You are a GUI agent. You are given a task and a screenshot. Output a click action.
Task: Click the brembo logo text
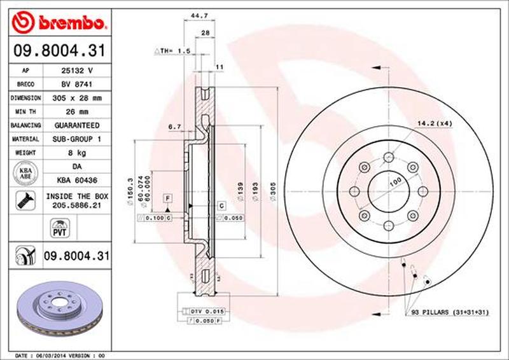69,24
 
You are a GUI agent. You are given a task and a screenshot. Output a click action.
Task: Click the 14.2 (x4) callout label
434,123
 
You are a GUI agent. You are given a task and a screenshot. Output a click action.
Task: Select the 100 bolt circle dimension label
395,182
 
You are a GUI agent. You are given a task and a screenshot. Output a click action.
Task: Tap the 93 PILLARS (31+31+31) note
449,312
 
